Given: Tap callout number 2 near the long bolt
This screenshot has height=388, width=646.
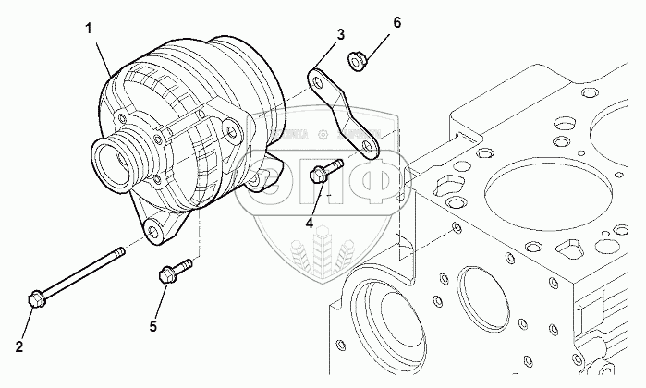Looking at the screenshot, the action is [19, 347].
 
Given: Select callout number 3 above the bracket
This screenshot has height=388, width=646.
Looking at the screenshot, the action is [340, 35].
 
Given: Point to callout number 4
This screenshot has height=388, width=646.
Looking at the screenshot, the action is [311, 222].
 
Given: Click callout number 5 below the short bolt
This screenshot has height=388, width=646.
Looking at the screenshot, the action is [154, 324].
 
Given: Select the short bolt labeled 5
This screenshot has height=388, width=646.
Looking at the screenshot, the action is [173, 271].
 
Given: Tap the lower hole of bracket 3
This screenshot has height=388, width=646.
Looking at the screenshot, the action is [369, 144].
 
